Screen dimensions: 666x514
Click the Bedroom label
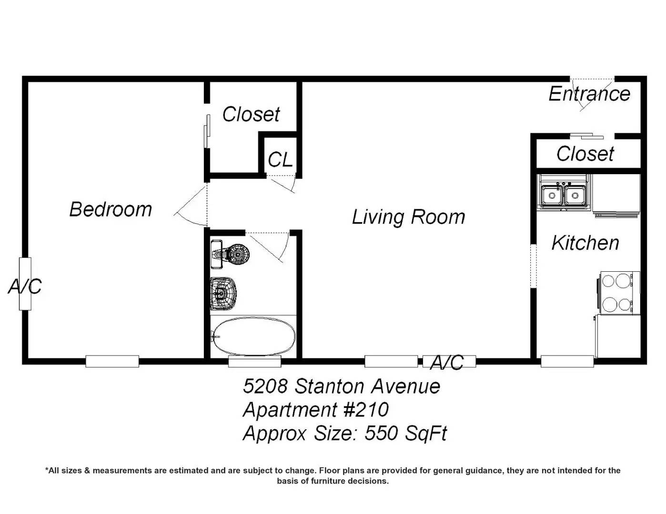tap(111, 209)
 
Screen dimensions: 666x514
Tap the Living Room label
tap(408, 217)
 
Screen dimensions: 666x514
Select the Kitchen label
tap(585, 243)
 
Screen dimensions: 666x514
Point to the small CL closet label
tap(280, 159)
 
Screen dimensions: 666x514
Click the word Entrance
tap(589, 94)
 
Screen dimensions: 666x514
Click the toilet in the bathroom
tap(230, 254)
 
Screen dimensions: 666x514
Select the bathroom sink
tap(224, 294)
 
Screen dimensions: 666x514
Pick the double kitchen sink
tap(564, 193)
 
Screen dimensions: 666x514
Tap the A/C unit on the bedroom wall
tap(25, 284)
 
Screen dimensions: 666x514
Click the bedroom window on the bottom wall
tap(112, 361)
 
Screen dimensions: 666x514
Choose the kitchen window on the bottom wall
tap(567, 361)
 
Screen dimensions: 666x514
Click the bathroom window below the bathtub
tap(255, 361)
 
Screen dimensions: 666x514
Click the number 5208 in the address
tap(265, 386)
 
